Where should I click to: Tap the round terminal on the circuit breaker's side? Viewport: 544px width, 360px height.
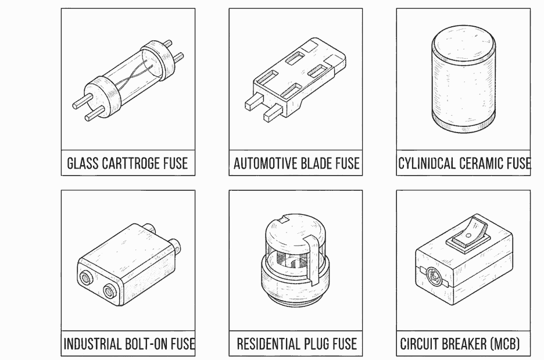click(434, 275)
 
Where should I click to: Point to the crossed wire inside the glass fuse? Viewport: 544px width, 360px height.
click(134, 76)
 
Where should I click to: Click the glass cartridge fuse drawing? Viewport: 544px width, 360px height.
click(128, 80)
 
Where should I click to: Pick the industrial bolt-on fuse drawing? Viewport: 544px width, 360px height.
click(128, 265)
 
